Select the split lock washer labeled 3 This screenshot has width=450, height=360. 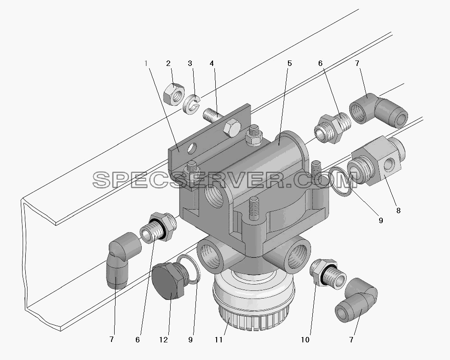click(191, 105)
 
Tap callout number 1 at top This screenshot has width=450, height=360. click(146, 63)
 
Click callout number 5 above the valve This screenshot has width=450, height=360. click(289, 63)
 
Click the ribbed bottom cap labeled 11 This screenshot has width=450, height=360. click(254, 302)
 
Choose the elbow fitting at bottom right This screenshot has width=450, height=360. click(356, 299)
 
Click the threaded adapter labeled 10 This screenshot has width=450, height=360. click(328, 272)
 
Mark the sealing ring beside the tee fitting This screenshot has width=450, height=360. click(340, 182)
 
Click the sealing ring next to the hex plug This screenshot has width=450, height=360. click(189, 269)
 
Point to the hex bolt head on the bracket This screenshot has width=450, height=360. click(232, 127)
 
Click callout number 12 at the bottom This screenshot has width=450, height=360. click(163, 340)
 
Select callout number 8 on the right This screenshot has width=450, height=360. click(399, 210)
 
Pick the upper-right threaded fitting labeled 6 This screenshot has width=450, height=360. click(333, 128)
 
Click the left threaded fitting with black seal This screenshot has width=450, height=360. click(158, 227)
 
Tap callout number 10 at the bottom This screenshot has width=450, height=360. click(305, 340)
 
